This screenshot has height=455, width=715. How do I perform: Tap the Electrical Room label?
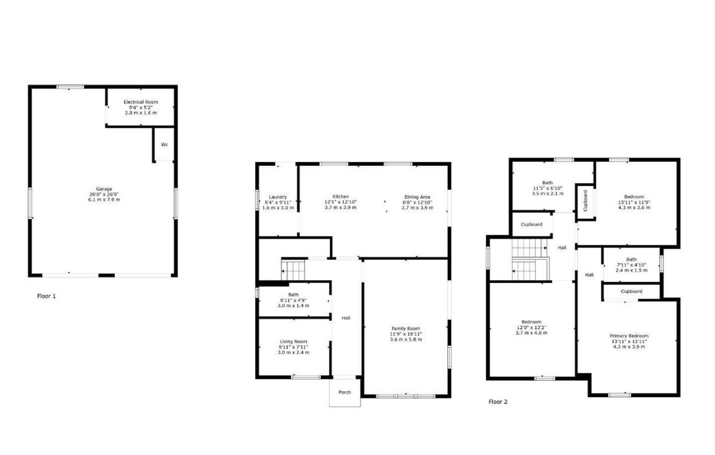pyautogui.click(x=141, y=102)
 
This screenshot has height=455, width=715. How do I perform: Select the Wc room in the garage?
pyautogui.click(x=165, y=145)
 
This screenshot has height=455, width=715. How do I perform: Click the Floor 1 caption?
pyautogui.click(x=47, y=296)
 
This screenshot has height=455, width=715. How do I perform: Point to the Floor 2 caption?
pyautogui.click(x=498, y=402)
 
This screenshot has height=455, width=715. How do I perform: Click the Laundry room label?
pyautogui.click(x=277, y=197)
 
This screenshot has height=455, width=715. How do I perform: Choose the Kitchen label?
pyautogui.click(x=341, y=196)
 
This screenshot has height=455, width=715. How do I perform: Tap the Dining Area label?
pyautogui.click(x=417, y=197)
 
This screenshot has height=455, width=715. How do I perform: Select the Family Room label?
pyautogui.click(x=405, y=328)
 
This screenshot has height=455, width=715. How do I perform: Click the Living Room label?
pyautogui.click(x=293, y=342)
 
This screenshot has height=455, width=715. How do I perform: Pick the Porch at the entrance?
pyautogui.click(x=344, y=392)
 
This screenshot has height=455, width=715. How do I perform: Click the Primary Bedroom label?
pyautogui.click(x=629, y=336)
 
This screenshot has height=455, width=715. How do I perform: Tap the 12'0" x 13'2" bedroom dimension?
pyautogui.click(x=531, y=327)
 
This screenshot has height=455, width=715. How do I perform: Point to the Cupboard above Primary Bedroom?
pyautogui.click(x=631, y=291)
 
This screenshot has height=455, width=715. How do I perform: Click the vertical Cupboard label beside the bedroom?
pyautogui.click(x=585, y=200)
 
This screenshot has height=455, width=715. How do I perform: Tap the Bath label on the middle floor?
pyautogui.click(x=293, y=295)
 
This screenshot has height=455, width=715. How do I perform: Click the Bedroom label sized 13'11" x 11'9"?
pyautogui.click(x=633, y=196)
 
